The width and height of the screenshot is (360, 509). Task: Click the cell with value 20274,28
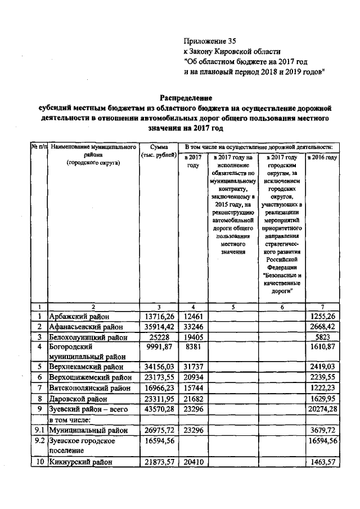(321, 408)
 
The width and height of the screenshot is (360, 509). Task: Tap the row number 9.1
(39, 429)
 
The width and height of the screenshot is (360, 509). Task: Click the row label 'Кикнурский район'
(80, 461)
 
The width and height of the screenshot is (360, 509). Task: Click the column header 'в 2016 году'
(322, 158)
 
